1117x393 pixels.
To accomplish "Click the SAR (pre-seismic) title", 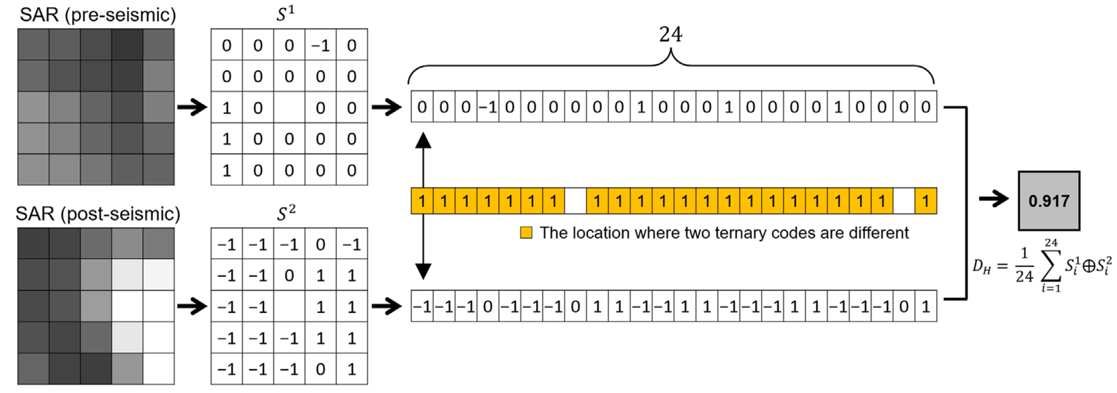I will [98, 15].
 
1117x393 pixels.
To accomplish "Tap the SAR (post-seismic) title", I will [98, 214].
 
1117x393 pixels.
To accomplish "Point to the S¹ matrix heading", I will [286, 14].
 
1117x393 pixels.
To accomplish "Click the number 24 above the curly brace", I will [670, 34].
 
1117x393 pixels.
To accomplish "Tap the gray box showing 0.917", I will [1049, 201].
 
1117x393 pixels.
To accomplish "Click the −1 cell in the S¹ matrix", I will [320, 45].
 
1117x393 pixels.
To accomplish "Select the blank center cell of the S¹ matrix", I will [289, 108].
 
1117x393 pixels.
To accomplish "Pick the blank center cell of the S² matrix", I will [289, 307].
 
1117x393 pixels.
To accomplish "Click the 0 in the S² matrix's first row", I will [320, 245].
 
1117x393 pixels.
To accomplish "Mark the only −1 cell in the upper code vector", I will [488, 107].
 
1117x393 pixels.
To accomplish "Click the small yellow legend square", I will [526, 233].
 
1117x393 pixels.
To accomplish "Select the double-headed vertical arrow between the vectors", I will [423, 206].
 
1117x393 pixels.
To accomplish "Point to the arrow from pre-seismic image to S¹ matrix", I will [192, 107].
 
